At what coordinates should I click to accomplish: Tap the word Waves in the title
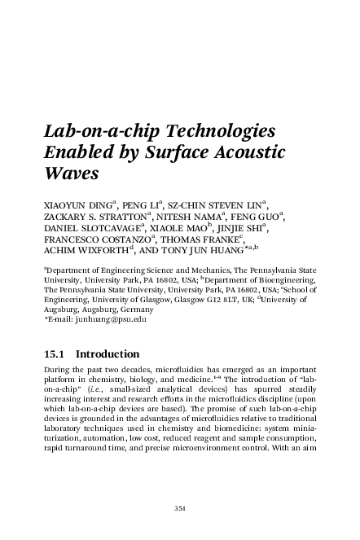pyautogui.click(x=69, y=173)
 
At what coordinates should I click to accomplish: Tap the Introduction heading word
pyautogui.click(x=109, y=355)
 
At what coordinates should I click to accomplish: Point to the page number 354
pyautogui.click(x=180, y=509)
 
